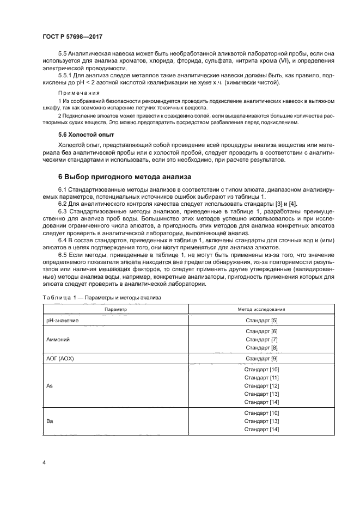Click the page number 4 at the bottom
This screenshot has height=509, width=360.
(44, 462)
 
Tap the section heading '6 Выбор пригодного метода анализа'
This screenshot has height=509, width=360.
(124, 177)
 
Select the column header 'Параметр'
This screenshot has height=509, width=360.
(115, 309)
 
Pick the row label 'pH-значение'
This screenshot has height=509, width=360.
(62, 320)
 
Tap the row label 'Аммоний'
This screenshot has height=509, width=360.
(58, 339)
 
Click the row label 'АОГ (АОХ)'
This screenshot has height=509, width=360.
(62, 358)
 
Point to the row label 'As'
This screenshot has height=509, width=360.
(48, 385)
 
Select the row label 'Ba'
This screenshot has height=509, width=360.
(48, 421)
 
